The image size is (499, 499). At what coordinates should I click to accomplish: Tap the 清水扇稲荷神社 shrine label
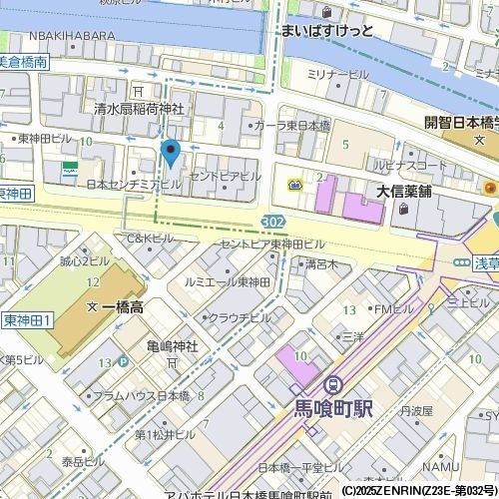coord(139,108)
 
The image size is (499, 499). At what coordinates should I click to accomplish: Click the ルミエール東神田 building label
coord(228,282)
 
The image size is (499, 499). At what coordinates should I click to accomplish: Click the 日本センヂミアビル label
coord(134,185)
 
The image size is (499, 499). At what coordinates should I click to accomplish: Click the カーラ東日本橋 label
coord(291,126)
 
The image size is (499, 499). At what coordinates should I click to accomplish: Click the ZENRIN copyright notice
coord(419,491)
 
